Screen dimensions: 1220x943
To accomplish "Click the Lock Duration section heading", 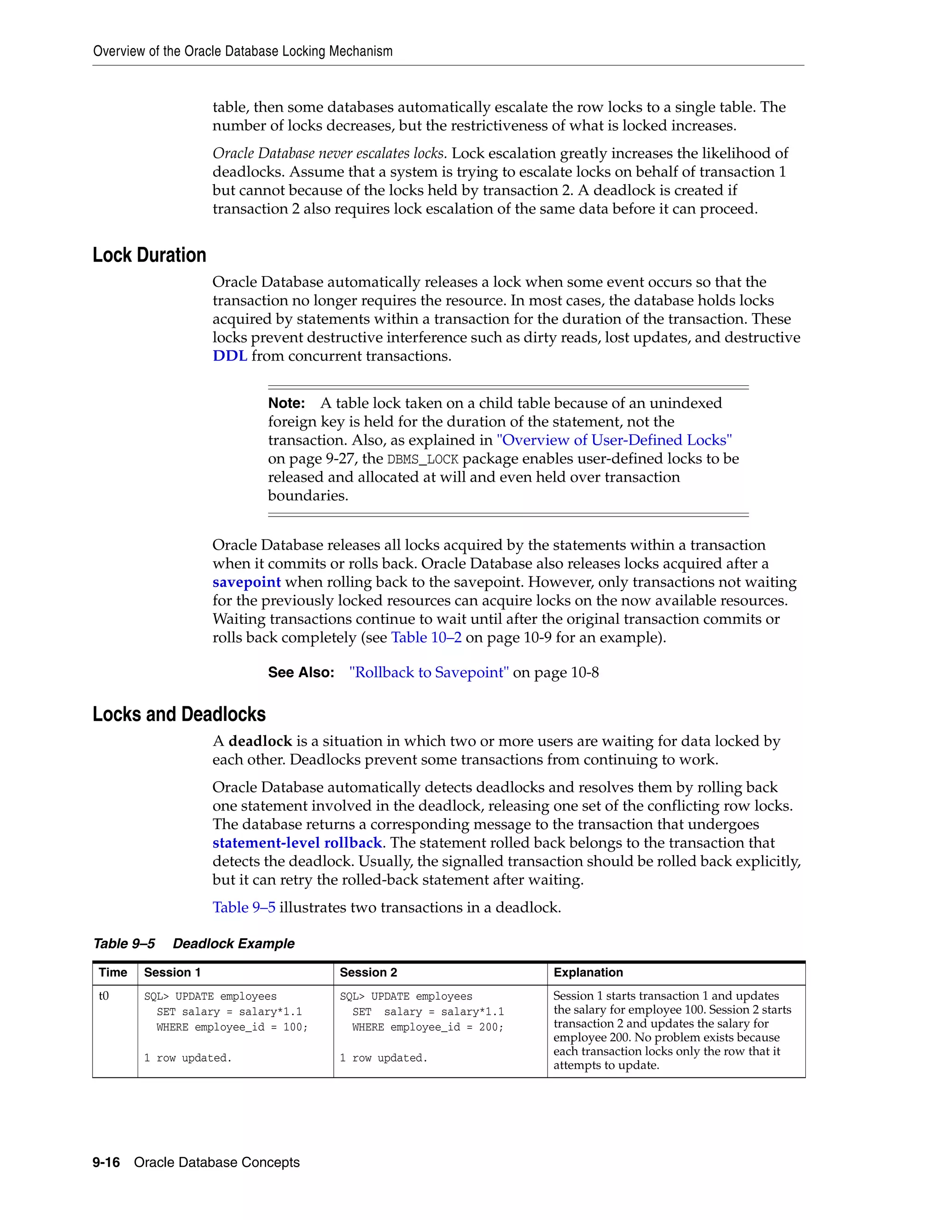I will coord(149,256).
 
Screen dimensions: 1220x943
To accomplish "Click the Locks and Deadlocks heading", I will coord(179,715).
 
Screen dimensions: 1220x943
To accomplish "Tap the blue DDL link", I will coord(230,356).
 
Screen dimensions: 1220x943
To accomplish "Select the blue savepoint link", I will coord(246,582).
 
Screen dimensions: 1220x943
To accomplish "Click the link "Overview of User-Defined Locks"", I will coord(614,440).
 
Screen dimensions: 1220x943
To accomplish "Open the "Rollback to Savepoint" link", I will coord(429,673).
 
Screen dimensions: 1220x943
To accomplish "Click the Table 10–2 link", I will coord(426,637).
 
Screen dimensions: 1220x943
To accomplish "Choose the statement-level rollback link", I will coord(297,842).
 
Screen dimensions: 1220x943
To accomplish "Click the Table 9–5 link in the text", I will coord(244,907).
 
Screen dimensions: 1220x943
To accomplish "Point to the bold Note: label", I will coord(286,403).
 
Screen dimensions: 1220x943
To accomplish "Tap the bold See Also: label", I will coord(301,673).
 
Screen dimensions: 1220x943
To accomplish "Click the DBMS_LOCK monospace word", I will coord(422,459).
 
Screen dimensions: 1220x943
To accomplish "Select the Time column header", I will coord(113,972).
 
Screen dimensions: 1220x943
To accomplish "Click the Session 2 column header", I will coord(368,972).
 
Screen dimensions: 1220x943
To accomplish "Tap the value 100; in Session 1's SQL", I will coord(295,1027).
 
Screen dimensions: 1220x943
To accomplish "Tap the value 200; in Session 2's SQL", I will coord(490,1027).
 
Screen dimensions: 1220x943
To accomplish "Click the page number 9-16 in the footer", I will coord(106,1162).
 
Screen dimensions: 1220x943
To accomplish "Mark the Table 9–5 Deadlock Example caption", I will coord(194,943).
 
